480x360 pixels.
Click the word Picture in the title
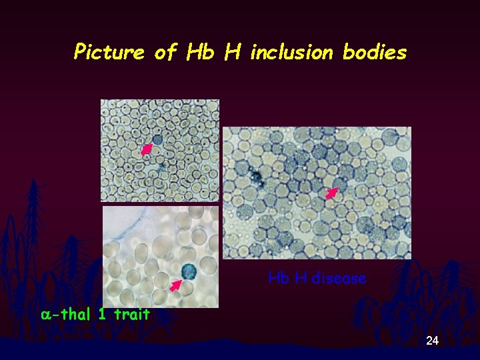109,52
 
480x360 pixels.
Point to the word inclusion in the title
291,52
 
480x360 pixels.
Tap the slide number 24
432,341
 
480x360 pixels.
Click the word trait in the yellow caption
132,314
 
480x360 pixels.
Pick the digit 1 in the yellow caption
102,314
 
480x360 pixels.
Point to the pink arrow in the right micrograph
331,193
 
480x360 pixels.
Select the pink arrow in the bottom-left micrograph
175,285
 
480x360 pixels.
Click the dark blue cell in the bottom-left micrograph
189,271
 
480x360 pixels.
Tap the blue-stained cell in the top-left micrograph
157,140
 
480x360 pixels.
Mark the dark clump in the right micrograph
255,177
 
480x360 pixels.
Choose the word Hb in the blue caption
279,278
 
